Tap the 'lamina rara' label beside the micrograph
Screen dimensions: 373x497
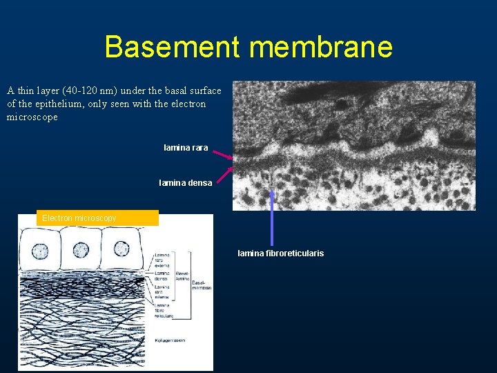tap(186, 148)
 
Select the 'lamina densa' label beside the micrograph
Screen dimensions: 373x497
tap(185, 183)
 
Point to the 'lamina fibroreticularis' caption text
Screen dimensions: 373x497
tap(280, 254)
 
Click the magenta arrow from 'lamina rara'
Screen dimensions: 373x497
tap(222, 153)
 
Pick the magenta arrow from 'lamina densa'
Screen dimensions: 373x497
tap(223, 173)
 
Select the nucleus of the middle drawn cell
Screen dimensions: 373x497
tap(81, 249)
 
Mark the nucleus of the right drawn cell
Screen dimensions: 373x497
tap(121, 249)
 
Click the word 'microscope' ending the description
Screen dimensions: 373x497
tap(32, 117)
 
